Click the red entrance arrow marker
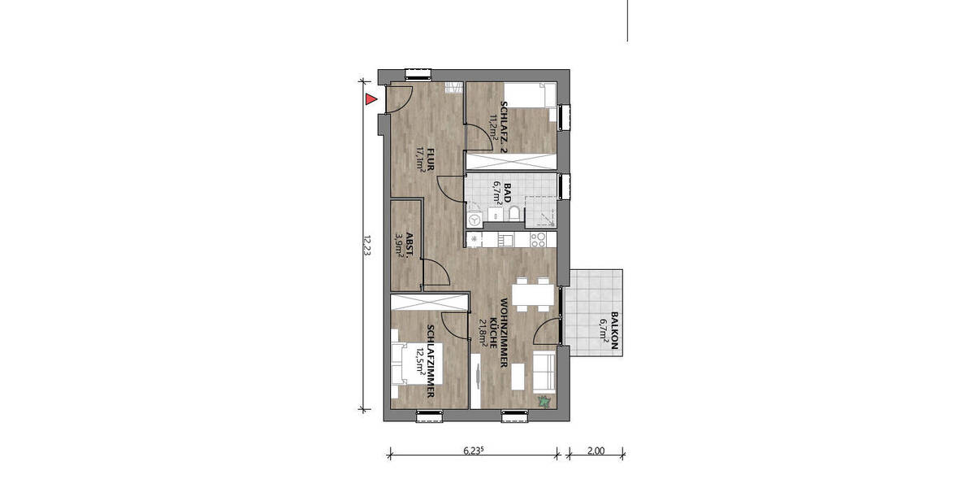coord(370,100)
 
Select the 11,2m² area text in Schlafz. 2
coord(492,127)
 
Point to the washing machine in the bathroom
coord(475,219)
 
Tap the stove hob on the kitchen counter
coord(538,240)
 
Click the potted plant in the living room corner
coord(544,400)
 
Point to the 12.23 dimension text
coord(366,246)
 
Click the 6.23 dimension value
coord(474,449)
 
